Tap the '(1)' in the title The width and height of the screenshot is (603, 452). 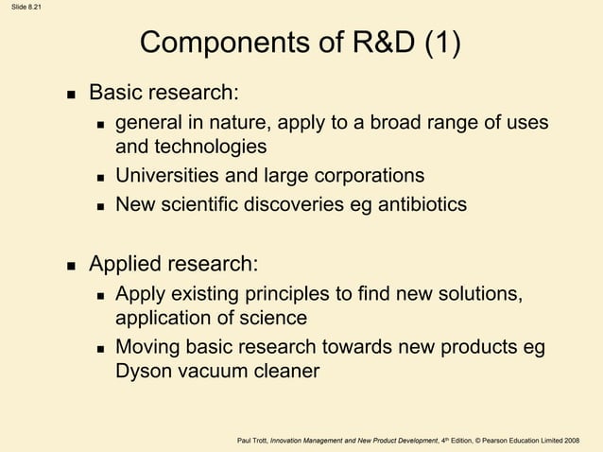(x=440, y=44)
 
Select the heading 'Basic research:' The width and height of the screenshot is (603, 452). (x=164, y=94)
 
